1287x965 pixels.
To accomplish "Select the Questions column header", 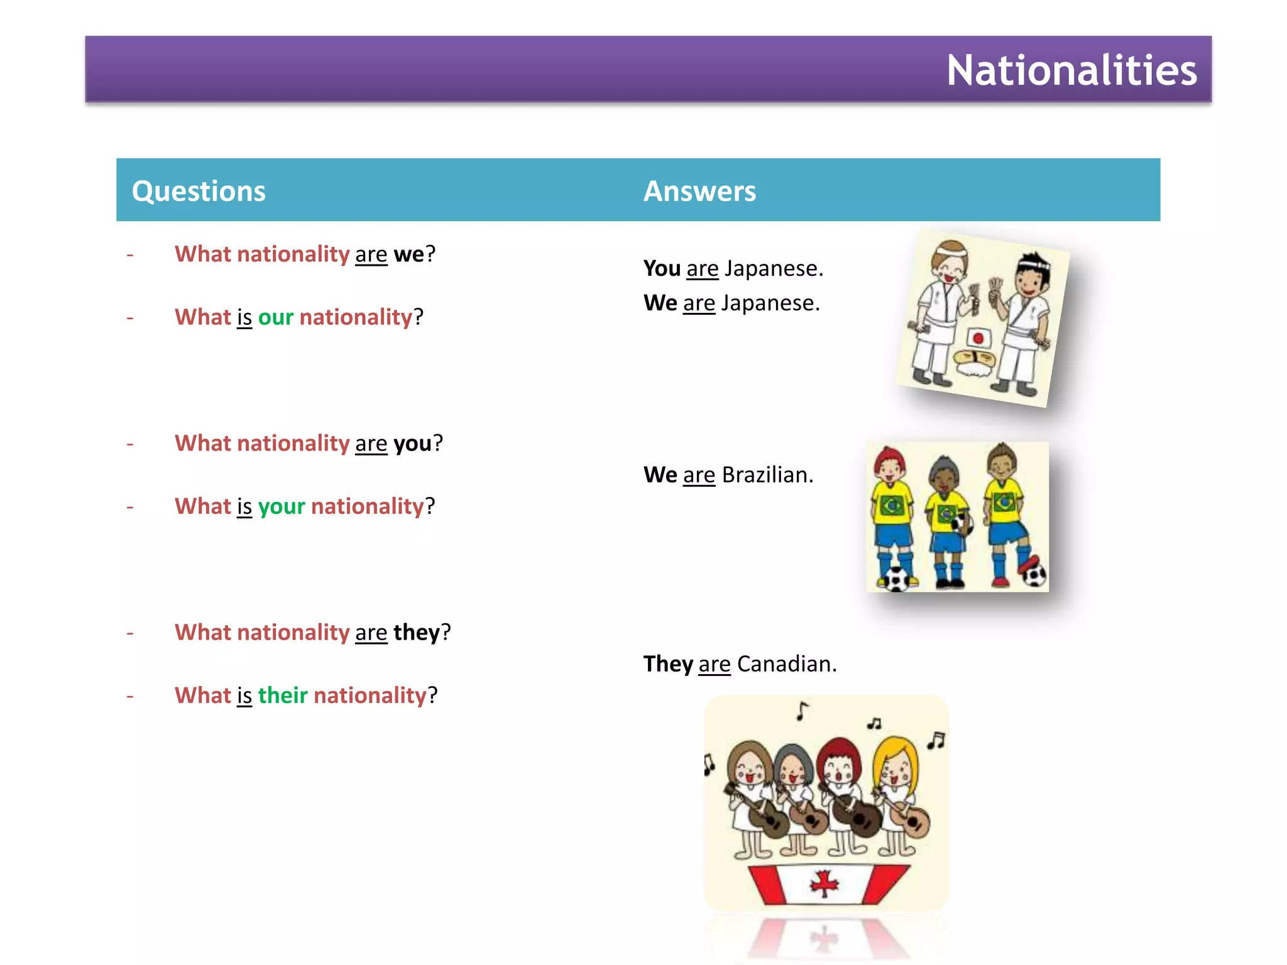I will (199, 191).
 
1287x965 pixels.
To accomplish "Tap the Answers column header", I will (699, 191).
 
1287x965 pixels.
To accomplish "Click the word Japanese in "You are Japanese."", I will (773, 269).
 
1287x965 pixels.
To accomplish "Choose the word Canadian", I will (786, 664).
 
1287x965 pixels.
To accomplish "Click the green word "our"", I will (275, 318).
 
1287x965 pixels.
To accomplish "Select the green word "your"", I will (281, 507).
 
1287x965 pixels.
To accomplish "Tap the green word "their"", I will (283, 696).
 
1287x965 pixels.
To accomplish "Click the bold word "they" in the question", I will (416, 633).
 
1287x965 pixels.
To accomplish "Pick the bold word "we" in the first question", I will (408, 254).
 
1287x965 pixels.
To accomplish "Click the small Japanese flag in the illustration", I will (978, 338).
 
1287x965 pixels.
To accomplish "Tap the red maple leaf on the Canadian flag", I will (824, 885).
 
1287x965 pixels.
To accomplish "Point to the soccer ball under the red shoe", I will (1034, 575).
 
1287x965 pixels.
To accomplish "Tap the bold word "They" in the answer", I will (668, 664).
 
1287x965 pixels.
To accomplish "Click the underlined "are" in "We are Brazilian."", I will (699, 476).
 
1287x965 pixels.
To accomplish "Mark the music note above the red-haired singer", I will (874, 724).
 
